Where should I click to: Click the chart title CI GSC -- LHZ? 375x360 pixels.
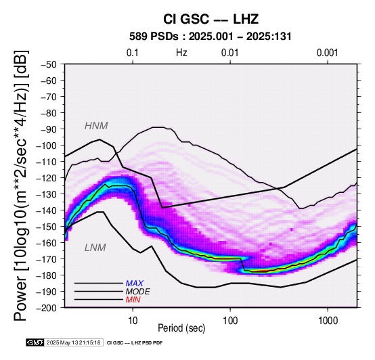click(x=211, y=19)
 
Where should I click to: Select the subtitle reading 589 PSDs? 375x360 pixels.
click(x=154, y=37)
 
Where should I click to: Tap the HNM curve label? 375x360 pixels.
click(x=96, y=126)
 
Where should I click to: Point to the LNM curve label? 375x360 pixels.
click(x=95, y=248)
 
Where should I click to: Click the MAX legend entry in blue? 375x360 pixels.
click(x=135, y=284)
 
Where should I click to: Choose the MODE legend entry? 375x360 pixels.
click(x=138, y=292)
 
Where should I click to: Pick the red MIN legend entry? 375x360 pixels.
click(x=133, y=300)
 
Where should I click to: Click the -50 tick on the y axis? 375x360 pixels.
click(x=49, y=64)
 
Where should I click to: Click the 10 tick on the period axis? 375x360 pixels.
click(x=133, y=321)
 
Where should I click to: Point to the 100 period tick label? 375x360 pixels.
click(x=230, y=321)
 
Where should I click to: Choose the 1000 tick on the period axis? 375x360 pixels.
click(x=328, y=321)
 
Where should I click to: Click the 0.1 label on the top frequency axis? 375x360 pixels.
click(x=133, y=53)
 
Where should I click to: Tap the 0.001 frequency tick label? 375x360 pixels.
click(x=327, y=53)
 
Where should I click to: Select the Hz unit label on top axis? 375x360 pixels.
click(x=181, y=53)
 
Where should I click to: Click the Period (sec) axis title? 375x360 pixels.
click(x=181, y=328)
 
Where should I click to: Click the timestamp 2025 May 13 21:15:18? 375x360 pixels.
click(x=73, y=342)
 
